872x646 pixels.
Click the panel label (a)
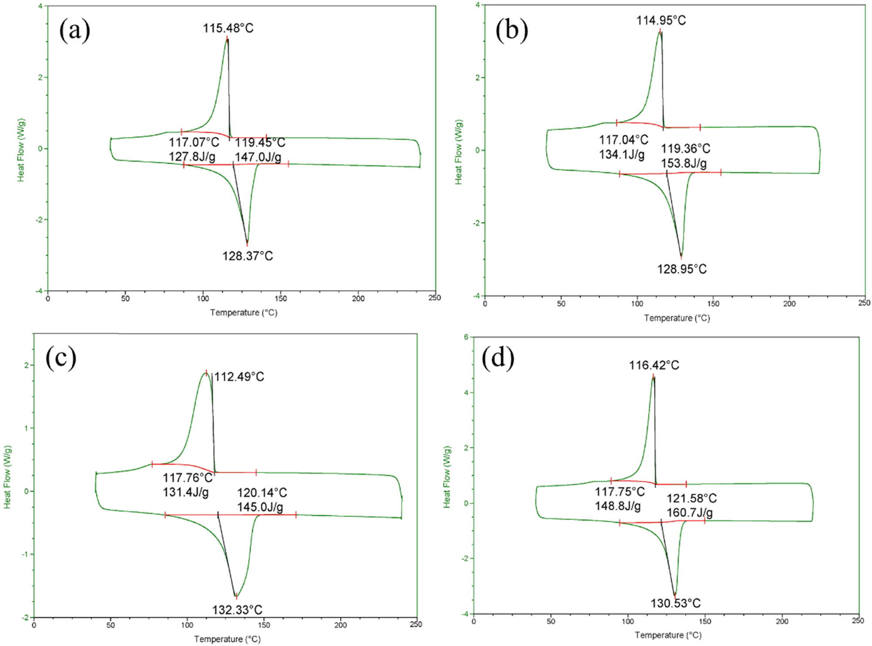pos(75,31)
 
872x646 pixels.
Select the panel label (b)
pos(511,31)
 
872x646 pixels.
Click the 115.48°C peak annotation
pos(228,28)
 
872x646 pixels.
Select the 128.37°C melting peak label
pos(248,256)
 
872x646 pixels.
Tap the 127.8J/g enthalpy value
pos(192,157)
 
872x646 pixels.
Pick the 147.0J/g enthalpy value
pos(258,157)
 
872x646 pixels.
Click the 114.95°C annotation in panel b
pos(661,21)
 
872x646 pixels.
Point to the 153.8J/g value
pos(684,163)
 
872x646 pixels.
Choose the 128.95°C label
pos(682,269)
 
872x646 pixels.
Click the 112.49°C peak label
pos(239,377)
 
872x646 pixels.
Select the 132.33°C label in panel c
pos(237,610)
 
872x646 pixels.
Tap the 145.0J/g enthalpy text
pos(260,507)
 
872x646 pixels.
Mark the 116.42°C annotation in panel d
pos(654,365)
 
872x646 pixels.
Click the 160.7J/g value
pos(690,513)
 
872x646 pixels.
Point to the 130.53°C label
pos(676,604)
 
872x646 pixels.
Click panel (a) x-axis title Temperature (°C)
pos(244,313)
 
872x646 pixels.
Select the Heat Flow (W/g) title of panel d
pos(447,477)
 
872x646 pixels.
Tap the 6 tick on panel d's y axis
pos(466,337)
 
